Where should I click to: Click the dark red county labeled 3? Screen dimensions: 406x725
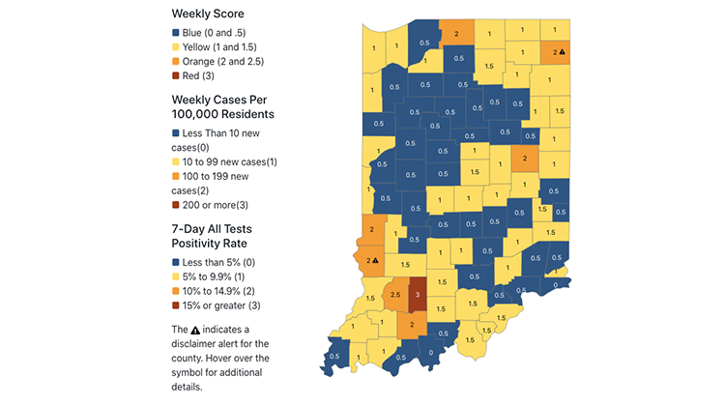(418, 293)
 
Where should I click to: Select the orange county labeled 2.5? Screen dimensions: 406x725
(396, 294)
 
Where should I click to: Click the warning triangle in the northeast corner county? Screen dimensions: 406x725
(564, 52)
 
